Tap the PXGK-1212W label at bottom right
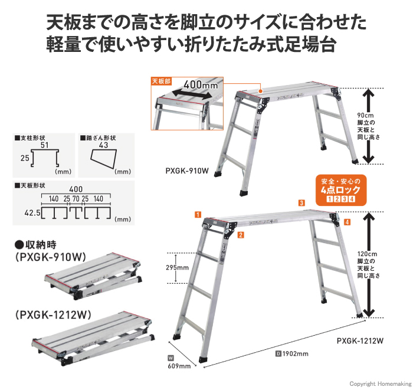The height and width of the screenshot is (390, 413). (360, 340)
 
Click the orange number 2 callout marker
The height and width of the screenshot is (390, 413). (241, 235)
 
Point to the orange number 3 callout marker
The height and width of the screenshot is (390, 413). (301, 203)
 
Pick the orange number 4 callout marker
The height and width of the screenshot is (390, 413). (347, 222)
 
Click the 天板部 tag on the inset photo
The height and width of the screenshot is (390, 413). (160, 81)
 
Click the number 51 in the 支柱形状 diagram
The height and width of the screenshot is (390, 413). (44, 145)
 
